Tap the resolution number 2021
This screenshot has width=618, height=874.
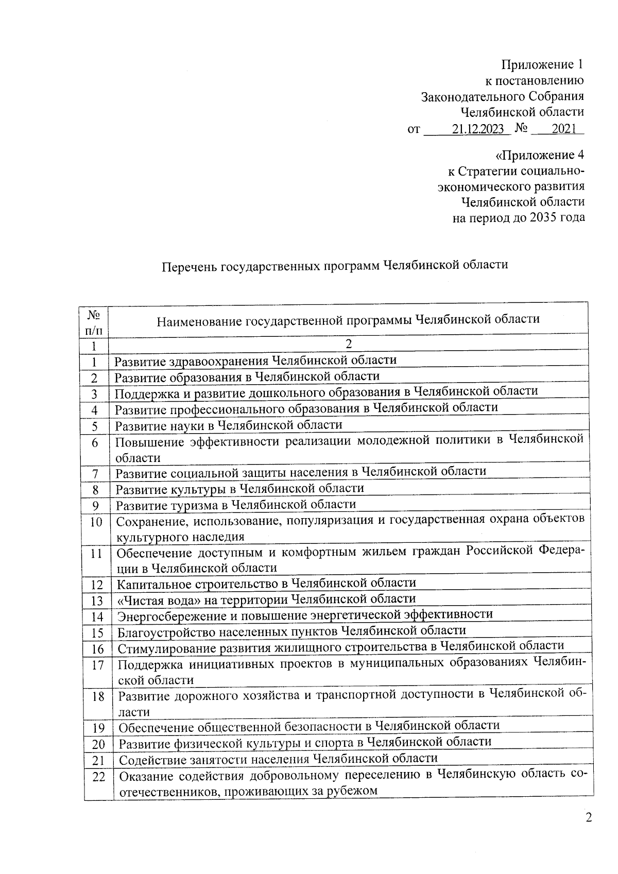563,129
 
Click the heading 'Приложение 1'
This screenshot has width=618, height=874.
543,65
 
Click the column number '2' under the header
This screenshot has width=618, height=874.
349,344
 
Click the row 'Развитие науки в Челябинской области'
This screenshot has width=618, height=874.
229,425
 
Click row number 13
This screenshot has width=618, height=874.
97,601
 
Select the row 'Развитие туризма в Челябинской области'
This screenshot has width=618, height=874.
235,505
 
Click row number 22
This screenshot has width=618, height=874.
99,777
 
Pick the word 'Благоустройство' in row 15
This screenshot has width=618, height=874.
161,631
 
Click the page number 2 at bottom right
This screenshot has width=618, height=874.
589,818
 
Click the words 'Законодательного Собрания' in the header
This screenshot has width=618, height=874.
503,97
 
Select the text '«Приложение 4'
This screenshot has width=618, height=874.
539,155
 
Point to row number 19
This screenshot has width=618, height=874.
98,728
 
